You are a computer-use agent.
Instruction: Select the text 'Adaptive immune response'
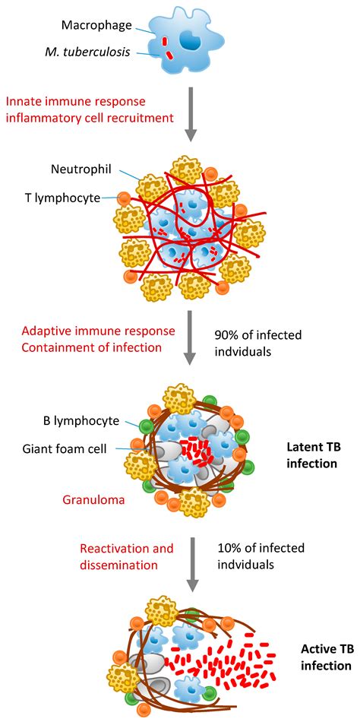(87, 331)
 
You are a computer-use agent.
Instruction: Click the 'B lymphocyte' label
(76, 420)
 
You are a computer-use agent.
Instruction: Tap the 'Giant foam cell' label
(69, 448)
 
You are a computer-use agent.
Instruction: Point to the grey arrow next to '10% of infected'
(191, 562)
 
